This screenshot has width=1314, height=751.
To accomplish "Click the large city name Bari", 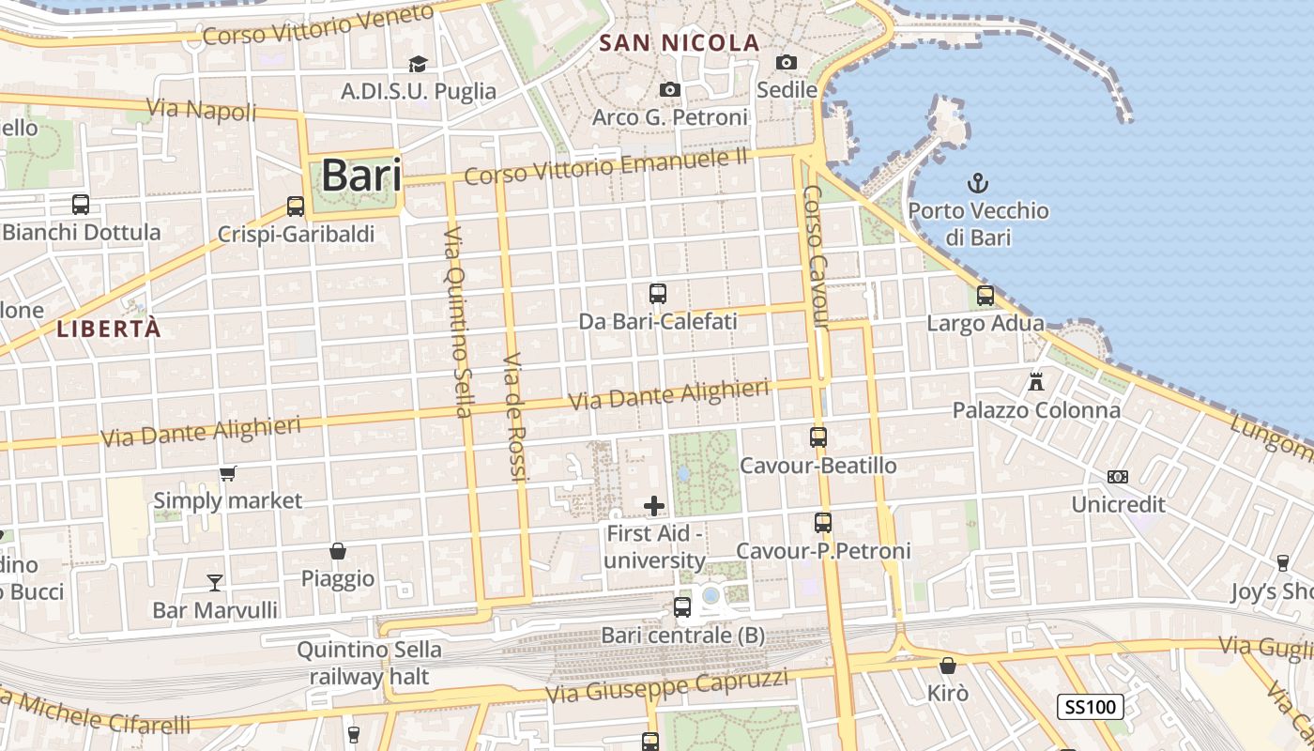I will click(x=361, y=176).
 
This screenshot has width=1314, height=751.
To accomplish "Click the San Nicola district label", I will click(x=679, y=42).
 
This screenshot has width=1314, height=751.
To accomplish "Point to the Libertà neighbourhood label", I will click(x=109, y=329).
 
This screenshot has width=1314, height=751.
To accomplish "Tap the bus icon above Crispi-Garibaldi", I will click(x=296, y=206).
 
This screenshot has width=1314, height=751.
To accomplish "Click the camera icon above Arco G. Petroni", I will click(x=669, y=89).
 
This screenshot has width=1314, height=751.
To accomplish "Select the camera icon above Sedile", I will click(x=787, y=62).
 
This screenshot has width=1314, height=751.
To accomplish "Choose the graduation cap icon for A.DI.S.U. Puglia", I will click(x=418, y=64).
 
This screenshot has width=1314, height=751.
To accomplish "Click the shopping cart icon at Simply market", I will click(x=228, y=473).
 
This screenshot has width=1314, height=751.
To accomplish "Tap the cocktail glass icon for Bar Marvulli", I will click(x=215, y=583).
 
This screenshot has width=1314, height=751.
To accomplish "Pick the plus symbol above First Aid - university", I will click(x=654, y=507).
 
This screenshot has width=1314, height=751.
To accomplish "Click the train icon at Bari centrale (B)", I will click(x=682, y=607).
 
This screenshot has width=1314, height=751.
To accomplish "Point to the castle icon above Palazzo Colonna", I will click(x=1036, y=382).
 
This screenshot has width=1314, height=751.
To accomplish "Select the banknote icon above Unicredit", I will click(x=1118, y=477).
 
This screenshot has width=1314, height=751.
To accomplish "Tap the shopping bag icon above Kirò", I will click(x=948, y=666).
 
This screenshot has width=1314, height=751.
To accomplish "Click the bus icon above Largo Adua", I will click(x=985, y=296).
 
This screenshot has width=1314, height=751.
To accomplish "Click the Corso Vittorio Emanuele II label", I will click(x=606, y=167).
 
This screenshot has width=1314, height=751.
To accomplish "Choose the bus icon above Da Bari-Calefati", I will click(x=658, y=293).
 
